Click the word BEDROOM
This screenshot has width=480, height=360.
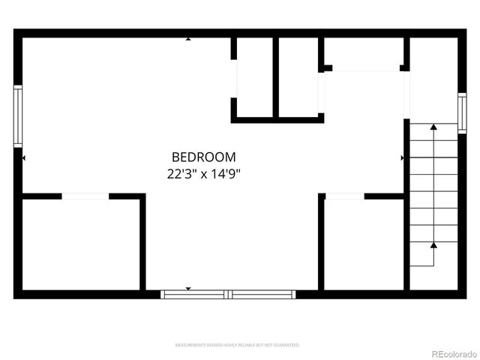[x=204, y=157]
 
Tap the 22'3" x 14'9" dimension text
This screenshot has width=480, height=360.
[x=204, y=174]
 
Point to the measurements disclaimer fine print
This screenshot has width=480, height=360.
[x=238, y=345]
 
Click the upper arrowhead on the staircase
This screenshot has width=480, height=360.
[x=433, y=128]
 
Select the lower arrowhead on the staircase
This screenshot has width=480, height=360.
[x=433, y=244]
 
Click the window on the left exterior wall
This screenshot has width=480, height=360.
[x=18, y=115]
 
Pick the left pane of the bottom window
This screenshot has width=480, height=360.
[x=196, y=295]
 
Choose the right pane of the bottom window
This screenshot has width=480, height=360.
[x=262, y=295]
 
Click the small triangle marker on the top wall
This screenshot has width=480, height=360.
[x=187, y=38]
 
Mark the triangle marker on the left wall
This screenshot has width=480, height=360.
[x=25, y=158]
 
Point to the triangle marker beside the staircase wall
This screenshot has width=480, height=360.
[x=403, y=158]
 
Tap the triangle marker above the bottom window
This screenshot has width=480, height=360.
[x=187, y=289]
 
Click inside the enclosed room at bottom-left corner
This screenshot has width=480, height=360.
[x=81, y=244]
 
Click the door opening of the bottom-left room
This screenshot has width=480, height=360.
[x=85, y=196]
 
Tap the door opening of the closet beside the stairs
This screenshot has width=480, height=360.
[x=345, y=196]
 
